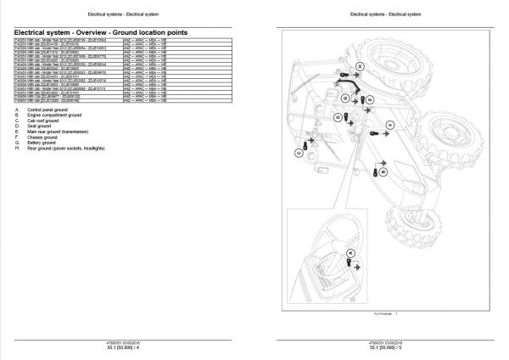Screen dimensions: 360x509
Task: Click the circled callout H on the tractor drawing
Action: [359, 65]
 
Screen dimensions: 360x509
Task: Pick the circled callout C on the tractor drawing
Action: [299, 153]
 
